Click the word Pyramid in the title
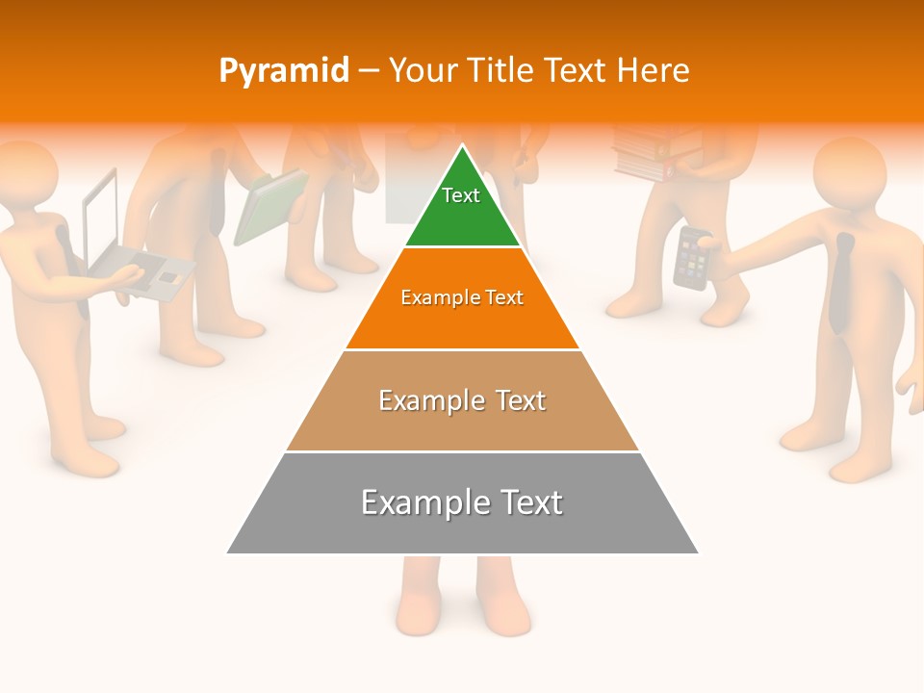click(x=283, y=71)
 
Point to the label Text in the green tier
click(x=461, y=195)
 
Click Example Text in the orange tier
click(x=462, y=297)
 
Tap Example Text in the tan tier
click(x=462, y=400)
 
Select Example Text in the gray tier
click(x=462, y=502)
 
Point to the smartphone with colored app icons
click(x=691, y=258)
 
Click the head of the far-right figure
click(x=849, y=173)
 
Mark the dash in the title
click(x=368, y=71)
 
